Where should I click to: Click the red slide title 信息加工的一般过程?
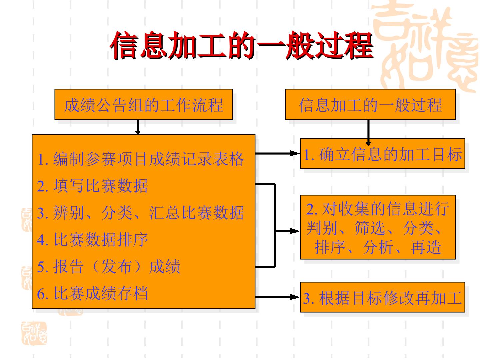[x=242, y=45]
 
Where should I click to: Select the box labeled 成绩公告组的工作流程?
[x=143, y=104]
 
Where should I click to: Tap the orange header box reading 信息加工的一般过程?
[x=370, y=104]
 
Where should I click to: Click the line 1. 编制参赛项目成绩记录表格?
[x=140, y=159]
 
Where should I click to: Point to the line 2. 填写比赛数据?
[x=92, y=186]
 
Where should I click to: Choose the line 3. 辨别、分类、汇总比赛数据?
[x=140, y=213]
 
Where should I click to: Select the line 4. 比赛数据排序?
[x=92, y=240]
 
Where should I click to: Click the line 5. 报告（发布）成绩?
[x=108, y=266]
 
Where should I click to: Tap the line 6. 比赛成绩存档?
[x=92, y=293]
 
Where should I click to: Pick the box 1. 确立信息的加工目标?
[x=382, y=154]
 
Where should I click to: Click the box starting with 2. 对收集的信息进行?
[x=378, y=227]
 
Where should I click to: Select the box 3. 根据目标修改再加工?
[x=382, y=297]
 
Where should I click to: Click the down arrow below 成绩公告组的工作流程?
[x=138, y=127]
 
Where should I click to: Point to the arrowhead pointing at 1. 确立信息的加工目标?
[x=295, y=153]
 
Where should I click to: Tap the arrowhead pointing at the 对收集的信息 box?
[x=295, y=231]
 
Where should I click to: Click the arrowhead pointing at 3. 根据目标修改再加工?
[x=295, y=297]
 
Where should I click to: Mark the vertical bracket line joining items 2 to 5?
[x=275, y=225]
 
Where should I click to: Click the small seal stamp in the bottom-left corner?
[x=34, y=333]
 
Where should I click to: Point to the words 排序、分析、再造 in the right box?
[x=378, y=247]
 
